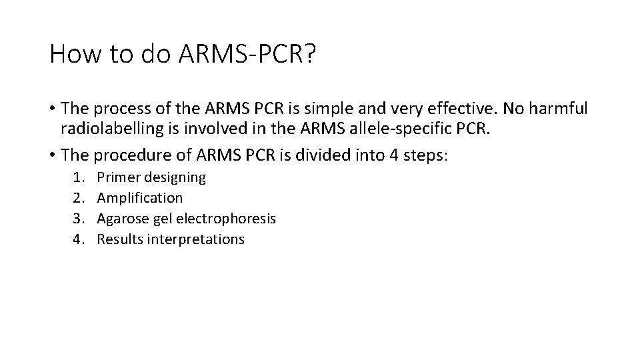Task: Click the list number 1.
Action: point(79,177)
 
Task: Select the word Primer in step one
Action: point(118,177)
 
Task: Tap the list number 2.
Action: point(79,198)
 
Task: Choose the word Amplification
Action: point(139,198)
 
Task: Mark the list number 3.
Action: point(79,219)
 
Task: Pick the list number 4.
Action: point(79,239)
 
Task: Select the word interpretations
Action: point(197,239)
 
